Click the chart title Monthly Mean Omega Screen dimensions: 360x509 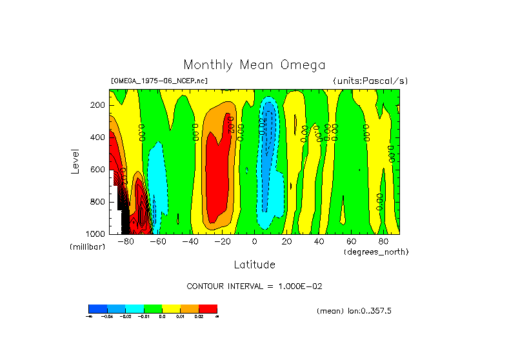point(254,65)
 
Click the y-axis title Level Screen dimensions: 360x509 point(75,161)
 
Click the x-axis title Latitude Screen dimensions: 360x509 point(254,265)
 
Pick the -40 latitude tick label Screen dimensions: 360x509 point(190,241)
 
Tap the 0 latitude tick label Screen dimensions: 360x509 point(255,241)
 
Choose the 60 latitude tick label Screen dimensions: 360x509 point(351,241)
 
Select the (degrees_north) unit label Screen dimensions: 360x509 point(376,251)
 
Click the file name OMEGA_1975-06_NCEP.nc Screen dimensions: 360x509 point(159,81)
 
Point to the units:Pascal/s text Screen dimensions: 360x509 point(370,81)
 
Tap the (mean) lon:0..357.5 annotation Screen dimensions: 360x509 point(354,311)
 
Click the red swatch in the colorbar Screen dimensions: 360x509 point(208,308)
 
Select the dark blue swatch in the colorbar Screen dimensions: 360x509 point(97,308)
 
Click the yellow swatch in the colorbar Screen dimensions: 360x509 point(171,308)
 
